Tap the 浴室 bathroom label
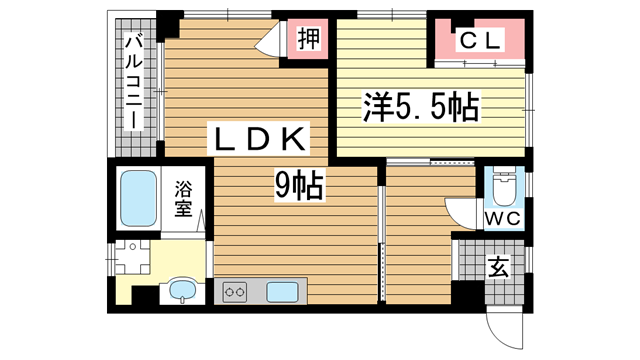click(183, 198)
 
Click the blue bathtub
click(135, 198)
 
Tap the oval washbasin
click(182, 291)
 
